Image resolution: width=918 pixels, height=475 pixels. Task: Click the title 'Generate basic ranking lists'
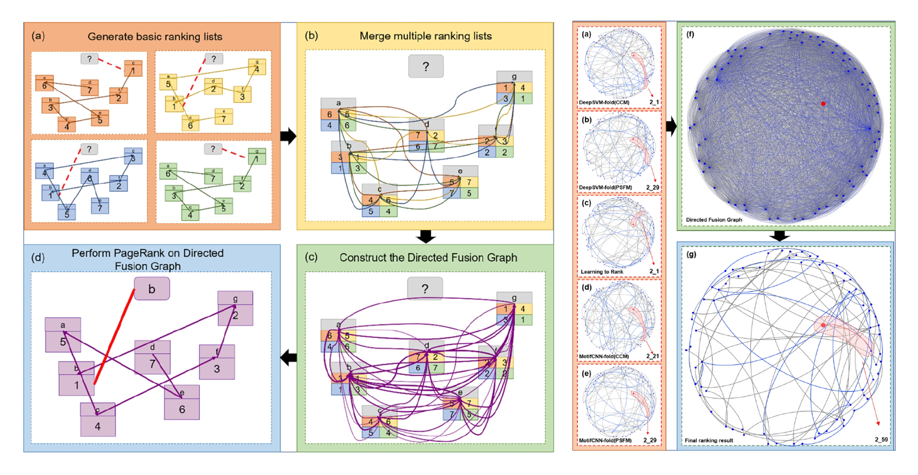click(x=155, y=37)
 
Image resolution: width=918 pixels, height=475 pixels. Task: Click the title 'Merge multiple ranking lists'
click(x=425, y=36)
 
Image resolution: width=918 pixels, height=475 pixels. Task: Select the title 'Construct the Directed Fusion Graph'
click(x=428, y=258)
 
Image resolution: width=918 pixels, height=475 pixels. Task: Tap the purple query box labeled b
click(x=151, y=289)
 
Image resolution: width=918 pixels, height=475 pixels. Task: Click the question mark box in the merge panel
click(x=425, y=66)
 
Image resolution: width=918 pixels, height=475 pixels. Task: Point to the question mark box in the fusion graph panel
click(x=424, y=289)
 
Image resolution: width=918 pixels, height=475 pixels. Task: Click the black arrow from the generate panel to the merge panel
click(x=288, y=136)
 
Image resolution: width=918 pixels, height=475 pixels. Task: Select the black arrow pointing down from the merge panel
click(x=425, y=236)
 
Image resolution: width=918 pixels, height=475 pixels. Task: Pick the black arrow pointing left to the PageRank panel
click(x=288, y=358)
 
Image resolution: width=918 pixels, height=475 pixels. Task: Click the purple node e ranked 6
click(x=181, y=403)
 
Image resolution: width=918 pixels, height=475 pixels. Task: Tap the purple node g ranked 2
click(x=235, y=309)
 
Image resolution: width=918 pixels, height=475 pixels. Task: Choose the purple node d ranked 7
click(x=152, y=357)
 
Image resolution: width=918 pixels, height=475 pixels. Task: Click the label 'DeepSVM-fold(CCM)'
click(x=604, y=103)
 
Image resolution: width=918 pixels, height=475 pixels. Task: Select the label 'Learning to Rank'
click(x=602, y=272)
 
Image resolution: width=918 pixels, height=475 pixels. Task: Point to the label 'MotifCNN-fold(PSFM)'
click(x=605, y=441)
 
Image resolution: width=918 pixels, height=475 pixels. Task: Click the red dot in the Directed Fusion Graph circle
click(x=823, y=104)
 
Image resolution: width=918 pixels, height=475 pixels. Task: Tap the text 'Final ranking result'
click(x=708, y=441)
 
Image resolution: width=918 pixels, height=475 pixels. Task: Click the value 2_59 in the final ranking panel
click(x=881, y=440)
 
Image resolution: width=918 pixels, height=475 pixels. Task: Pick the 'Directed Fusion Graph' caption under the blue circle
click(x=714, y=220)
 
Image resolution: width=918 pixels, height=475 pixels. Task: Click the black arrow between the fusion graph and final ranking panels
click(x=779, y=236)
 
